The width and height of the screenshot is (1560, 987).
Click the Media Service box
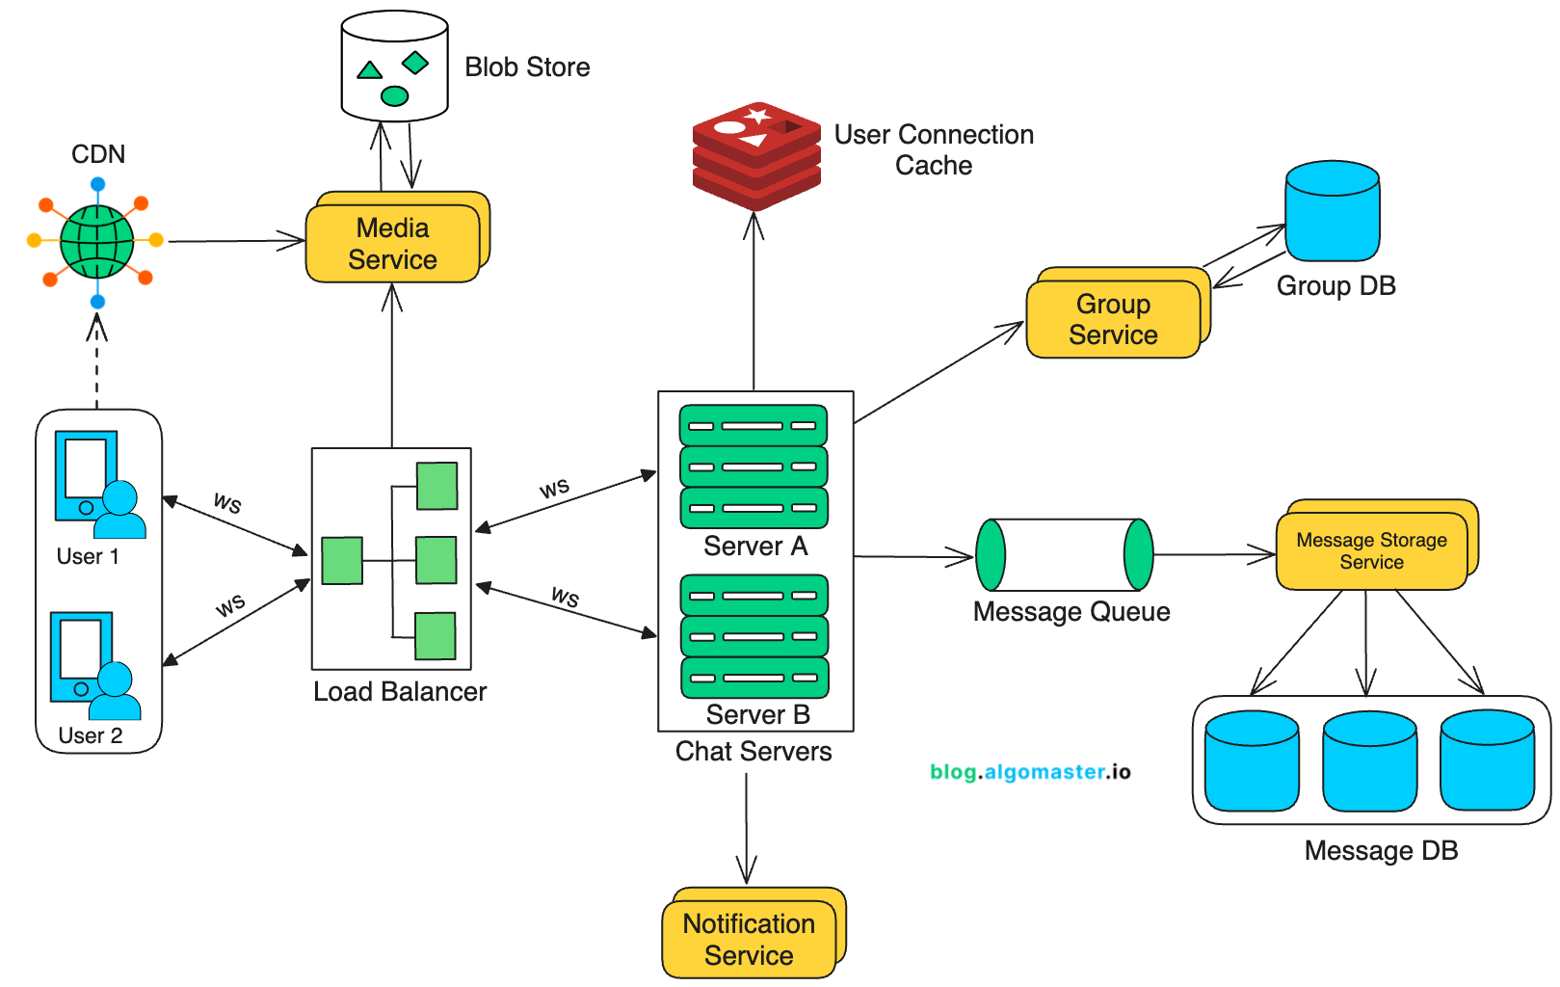pos(392,243)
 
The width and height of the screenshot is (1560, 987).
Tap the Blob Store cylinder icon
pos(394,66)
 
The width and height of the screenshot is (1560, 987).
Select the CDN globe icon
pos(96,241)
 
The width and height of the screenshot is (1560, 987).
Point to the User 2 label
pos(91,735)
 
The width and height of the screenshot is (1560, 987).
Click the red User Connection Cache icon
pos(756,156)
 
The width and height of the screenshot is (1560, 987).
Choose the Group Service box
pos(1113,319)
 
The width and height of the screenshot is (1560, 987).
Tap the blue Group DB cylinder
pos(1333,211)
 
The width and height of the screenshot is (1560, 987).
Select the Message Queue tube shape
pos(1065,555)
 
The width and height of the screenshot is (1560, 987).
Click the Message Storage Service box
pos(1371,550)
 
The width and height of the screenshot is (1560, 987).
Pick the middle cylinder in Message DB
pos(1369,761)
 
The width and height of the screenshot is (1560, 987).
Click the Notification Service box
pos(749,939)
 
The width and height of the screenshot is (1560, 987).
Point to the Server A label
pos(755,547)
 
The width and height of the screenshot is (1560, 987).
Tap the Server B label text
pos(757,714)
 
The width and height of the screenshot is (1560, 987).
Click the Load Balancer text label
pos(400,691)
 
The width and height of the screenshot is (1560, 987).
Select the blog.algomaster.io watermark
pos(1030,771)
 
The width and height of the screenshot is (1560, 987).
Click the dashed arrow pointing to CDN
pos(96,366)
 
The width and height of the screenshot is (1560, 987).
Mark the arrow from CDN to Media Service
pos(236,241)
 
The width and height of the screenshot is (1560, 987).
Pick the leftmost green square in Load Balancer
pos(342,561)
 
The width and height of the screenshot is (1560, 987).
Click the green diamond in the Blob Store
pos(415,63)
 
